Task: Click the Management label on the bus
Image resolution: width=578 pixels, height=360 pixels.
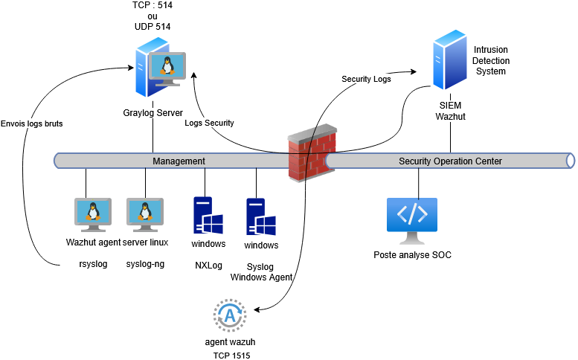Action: (179, 161)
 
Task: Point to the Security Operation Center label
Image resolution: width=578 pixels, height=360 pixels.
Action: (450, 161)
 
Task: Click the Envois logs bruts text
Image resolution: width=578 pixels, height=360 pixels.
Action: (31, 123)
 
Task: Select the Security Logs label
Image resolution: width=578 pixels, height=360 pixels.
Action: (366, 79)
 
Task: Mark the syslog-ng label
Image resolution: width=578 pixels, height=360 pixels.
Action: (144, 264)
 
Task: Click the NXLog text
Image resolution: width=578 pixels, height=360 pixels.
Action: (208, 265)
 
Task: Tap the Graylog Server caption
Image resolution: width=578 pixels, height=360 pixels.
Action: (153, 113)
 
